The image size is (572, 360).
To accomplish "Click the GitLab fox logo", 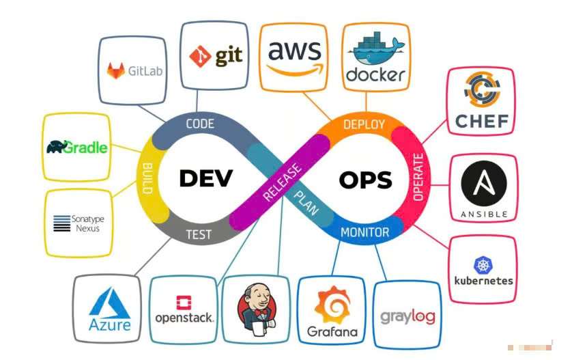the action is [115, 70].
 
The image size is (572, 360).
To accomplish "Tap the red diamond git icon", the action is [200, 56].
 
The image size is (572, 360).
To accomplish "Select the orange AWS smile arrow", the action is [295, 70].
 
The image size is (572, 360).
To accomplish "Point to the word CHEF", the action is [482, 122].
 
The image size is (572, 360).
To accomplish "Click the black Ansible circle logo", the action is [484, 183].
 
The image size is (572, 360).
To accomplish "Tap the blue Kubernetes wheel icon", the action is [483, 265].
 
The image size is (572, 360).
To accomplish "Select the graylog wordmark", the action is [407, 317].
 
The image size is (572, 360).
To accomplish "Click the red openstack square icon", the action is [184, 303].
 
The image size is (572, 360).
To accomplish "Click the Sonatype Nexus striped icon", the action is [61, 223].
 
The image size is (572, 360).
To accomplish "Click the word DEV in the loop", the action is [206, 178].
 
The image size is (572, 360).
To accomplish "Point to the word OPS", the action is [366, 180].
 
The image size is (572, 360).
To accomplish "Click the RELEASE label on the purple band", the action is [283, 182].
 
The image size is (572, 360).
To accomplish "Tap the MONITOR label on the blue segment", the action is [364, 232].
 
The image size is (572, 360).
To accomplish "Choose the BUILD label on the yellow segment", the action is [147, 178].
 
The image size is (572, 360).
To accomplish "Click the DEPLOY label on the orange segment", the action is [364, 124].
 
